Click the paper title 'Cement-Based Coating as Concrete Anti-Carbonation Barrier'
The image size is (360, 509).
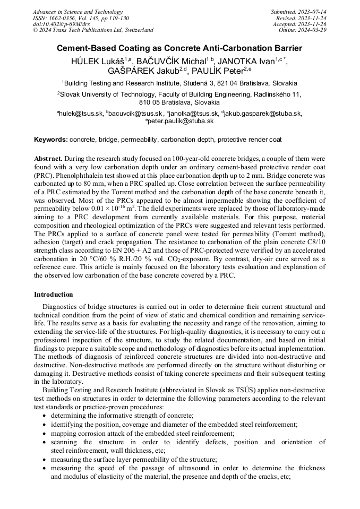[179, 48]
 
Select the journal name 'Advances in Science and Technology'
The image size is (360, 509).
[78, 12]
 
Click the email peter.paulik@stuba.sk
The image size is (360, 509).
[180, 121]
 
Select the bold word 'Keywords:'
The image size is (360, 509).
[51, 140]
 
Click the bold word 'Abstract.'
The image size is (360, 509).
[48, 159]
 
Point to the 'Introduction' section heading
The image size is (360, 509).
[54, 294]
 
